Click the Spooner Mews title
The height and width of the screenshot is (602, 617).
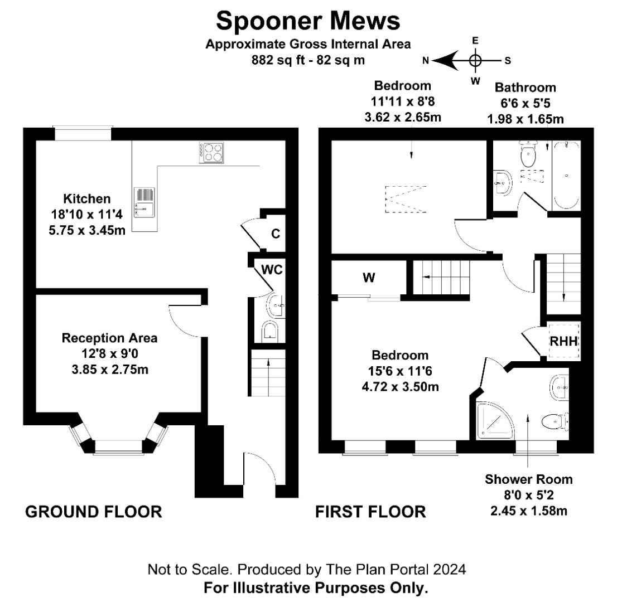[x=308, y=21]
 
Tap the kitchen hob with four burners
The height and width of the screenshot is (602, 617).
[x=211, y=153]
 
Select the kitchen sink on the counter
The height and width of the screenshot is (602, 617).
[x=144, y=202]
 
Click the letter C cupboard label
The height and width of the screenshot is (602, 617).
[x=276, y=234]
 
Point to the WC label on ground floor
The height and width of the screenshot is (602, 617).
[x=272, y=270]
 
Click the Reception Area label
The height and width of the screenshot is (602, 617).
[x=109, y=338]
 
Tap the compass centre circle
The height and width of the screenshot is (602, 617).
[x=475, y=61]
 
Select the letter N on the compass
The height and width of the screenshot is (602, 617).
[x=425, y=61]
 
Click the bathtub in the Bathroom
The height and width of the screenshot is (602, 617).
[x=567, y=176]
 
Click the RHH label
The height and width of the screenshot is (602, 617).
[x=563, y=341]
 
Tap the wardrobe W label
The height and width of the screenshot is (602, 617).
[x=369, y=278]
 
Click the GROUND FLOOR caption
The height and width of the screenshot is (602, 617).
[x=94, y=512]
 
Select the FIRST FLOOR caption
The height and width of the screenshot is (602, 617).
[x=370, y=512]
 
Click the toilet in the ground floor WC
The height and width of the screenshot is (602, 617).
[x=270, y=331]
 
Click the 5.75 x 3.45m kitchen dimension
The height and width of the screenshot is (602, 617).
[x=87, y=230]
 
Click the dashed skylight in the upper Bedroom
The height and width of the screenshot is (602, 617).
[x=406, y=199]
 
